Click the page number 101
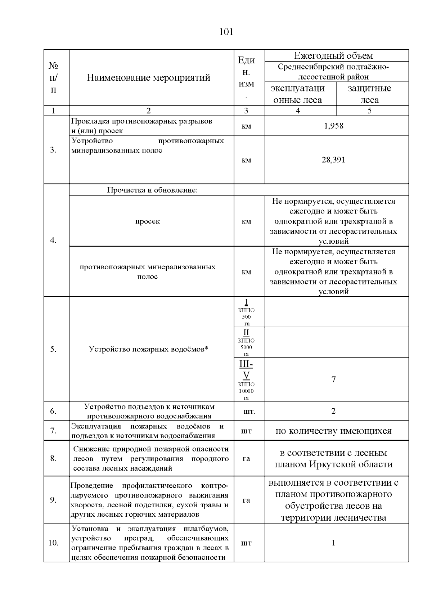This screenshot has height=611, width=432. [x=226, y=32]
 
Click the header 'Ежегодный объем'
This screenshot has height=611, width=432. [x=333, y=56]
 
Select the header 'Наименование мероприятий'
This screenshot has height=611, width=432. [x=148, y=78]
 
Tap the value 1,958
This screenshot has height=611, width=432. [x=334, y=126]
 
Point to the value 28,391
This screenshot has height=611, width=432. [x=333, y=160]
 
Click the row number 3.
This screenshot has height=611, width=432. [x=53, y=150]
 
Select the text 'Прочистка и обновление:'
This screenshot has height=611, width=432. [x=152, y=190]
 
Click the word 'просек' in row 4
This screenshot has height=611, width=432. [x=148, y=221]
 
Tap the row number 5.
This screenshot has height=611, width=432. [x=53, y=349]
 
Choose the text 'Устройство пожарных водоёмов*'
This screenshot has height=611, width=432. [x=149, y=349]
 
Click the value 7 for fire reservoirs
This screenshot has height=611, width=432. [x=333, y=379]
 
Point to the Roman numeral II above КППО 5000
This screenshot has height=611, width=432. [x=246, y=332]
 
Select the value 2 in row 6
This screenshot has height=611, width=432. [x=333, y=411]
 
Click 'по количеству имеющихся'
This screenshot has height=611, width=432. [x=333, y=431]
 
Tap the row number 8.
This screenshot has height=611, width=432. [x=53, y=459]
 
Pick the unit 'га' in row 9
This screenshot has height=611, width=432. [x=246, y=500]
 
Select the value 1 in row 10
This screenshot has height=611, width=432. [x=333, y=543]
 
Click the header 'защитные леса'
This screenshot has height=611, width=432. [x=369, y=94]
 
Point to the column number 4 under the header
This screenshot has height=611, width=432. [x=298, y=111]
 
